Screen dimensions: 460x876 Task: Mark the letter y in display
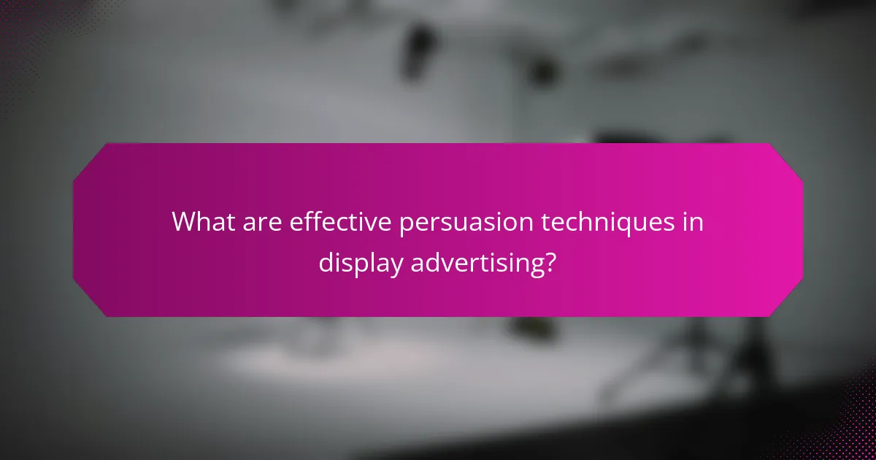tap(396, 267)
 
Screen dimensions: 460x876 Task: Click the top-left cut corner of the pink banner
tap(91, 161)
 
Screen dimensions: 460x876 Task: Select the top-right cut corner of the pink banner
tap(785, 161)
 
